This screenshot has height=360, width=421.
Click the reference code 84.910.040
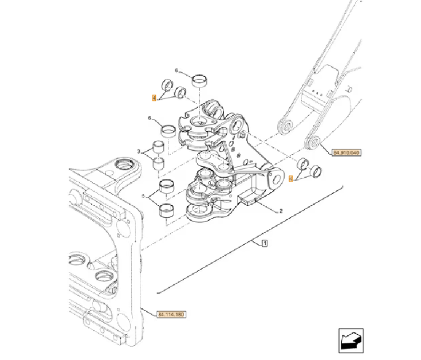point(346,152)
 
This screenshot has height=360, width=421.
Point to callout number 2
point(280,211)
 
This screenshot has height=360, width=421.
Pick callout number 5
point(143,196)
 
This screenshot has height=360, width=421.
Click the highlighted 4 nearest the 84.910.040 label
point(290,178)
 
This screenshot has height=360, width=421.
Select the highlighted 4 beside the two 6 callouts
point(154,98)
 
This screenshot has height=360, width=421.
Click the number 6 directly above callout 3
point(149,118)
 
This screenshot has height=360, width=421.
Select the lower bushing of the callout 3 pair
point(160,165)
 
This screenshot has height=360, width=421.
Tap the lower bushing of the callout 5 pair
point(166,210)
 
